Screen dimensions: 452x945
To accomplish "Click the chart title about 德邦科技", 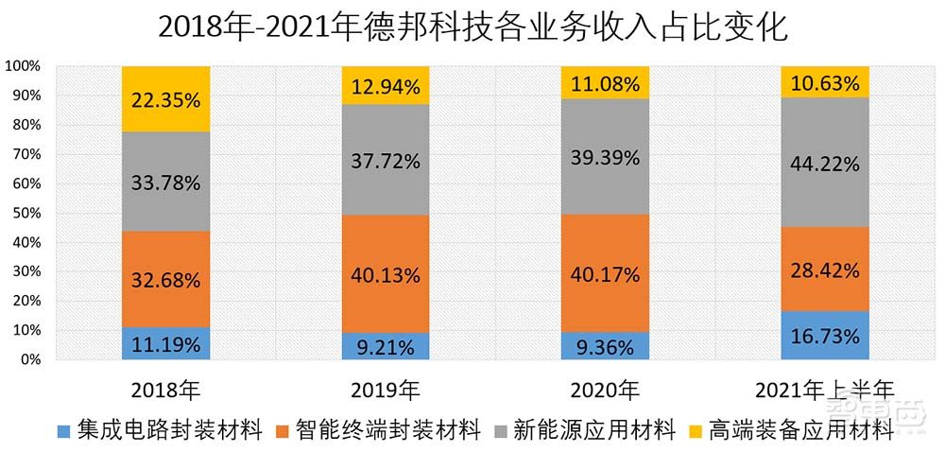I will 472,26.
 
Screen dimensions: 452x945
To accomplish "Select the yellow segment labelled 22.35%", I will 166,98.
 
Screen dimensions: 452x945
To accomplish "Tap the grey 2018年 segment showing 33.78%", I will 166,182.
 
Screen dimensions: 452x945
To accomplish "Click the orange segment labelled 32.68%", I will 166,280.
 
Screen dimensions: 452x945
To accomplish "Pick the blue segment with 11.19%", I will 166,343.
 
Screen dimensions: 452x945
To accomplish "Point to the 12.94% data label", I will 386,86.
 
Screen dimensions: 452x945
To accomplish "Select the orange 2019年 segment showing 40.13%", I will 386,273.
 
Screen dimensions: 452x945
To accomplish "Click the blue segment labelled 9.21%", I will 386,346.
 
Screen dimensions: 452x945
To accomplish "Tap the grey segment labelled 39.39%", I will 605,157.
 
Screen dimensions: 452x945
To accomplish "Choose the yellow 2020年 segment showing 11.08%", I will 605,83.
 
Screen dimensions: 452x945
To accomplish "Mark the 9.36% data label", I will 605,346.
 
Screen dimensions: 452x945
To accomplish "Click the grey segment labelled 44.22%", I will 825,163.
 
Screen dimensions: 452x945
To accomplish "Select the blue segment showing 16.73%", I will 825,336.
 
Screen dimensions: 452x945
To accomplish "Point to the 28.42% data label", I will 825,270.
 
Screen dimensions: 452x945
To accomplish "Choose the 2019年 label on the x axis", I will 386,389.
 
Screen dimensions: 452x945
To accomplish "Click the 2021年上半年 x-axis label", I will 825,389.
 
